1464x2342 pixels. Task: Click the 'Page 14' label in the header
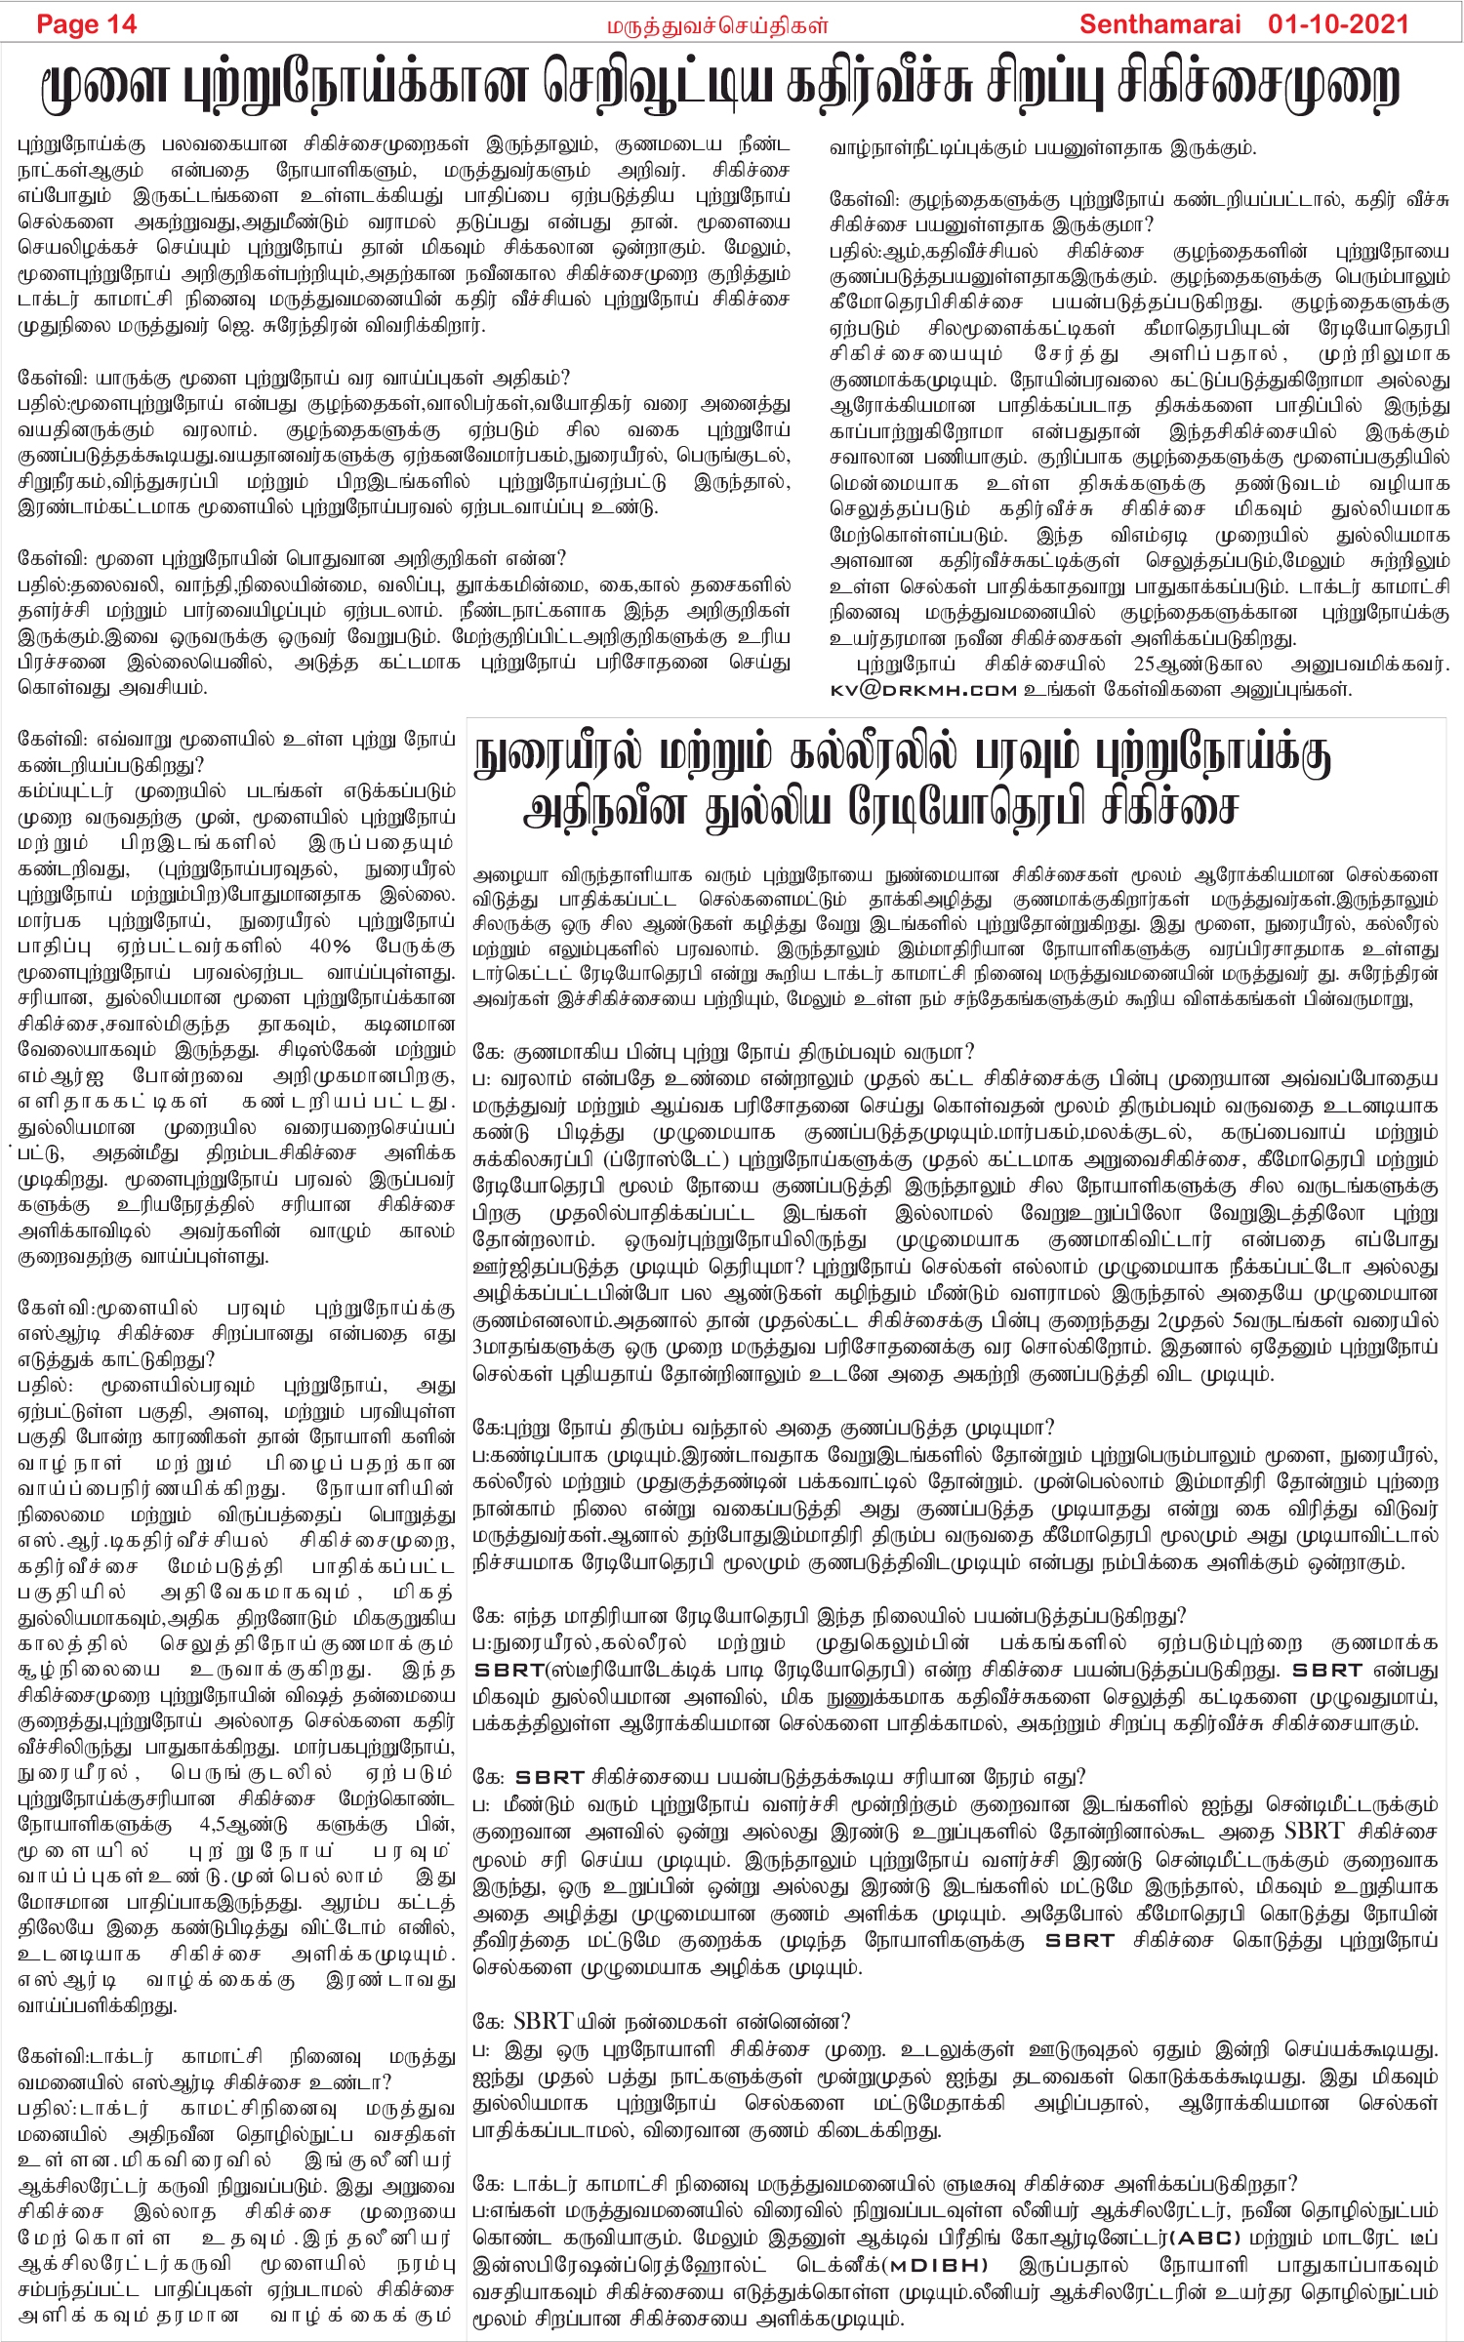point(86,24)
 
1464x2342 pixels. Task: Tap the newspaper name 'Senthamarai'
point(1159,24)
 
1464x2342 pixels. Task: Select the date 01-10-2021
point(1338,24)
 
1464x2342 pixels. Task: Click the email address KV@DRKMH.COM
point(923,690)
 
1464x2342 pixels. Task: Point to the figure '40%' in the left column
point(330,946)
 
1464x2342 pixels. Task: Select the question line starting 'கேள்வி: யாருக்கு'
point(294,378)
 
